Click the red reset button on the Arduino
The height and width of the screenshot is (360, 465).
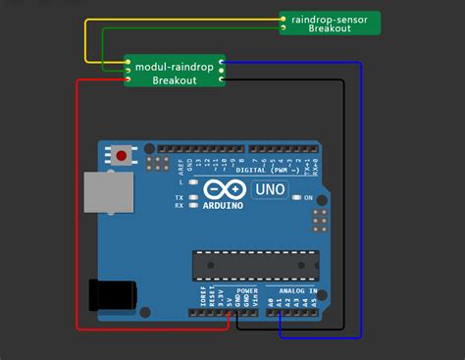[122, 155]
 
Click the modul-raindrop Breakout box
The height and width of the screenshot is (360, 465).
[175, 70]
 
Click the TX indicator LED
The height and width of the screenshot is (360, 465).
[194, 197]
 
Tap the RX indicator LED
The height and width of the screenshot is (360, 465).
[194, 206]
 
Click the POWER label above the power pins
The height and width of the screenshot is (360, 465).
[247, 291]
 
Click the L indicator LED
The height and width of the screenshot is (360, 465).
[194, 183]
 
